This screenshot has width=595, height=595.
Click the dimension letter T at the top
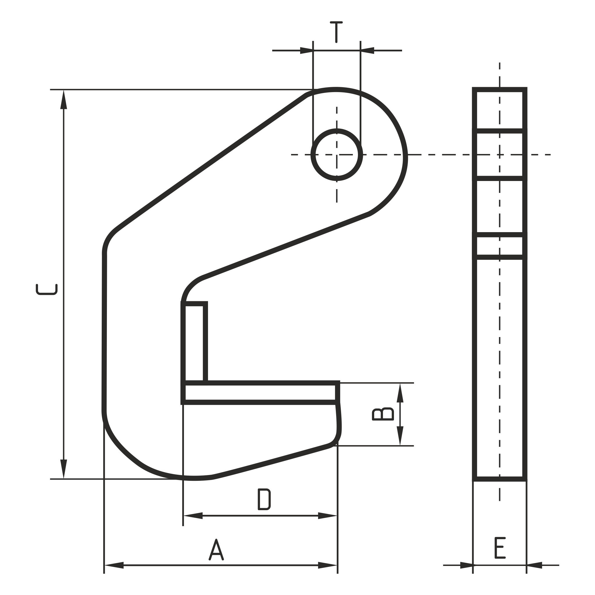click(336, 32)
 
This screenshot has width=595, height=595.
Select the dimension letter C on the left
click(46, 289)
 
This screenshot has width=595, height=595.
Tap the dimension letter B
click(383, 414)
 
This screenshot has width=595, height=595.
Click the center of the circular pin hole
click(337, 155)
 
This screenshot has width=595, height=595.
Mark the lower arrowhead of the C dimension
click(63, 469)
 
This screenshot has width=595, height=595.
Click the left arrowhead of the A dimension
click(114, 565)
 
